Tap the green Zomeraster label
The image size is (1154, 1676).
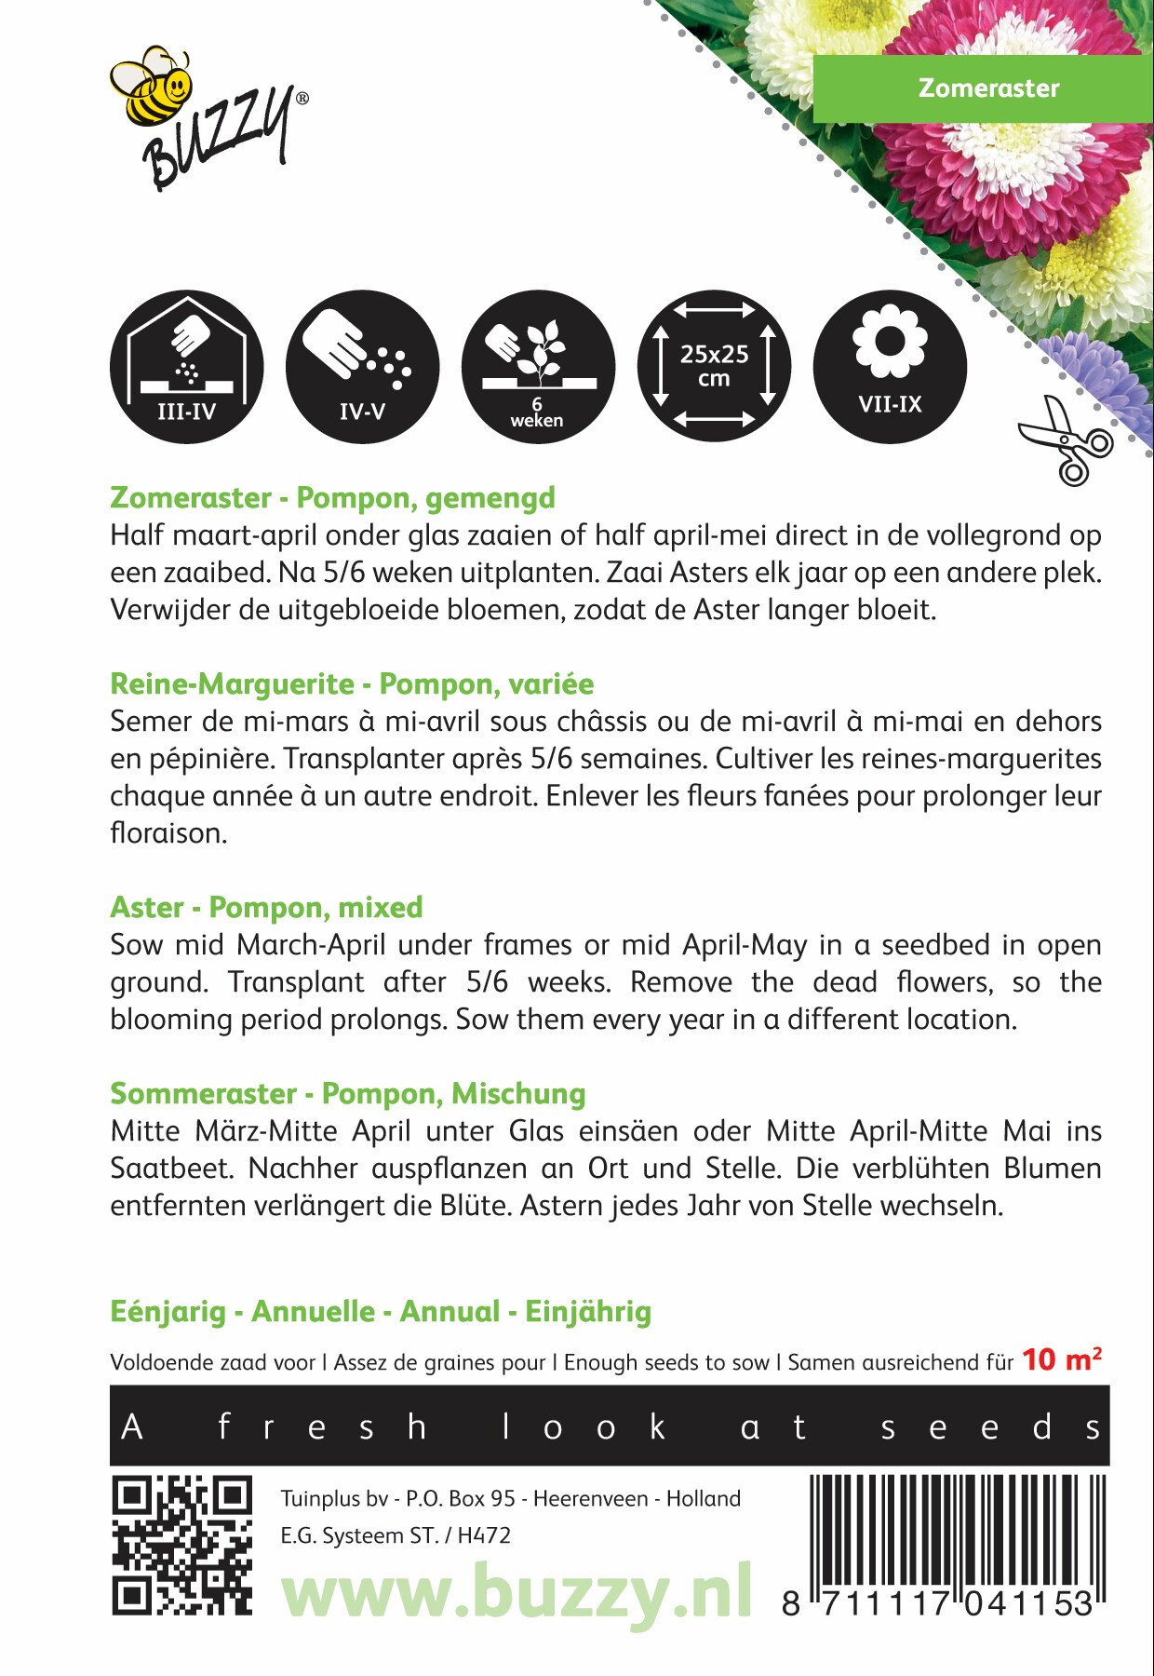coord(988,88)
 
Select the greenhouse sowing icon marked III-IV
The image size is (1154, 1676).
coord(186,367)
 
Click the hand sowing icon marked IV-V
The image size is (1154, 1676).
coord(362,367)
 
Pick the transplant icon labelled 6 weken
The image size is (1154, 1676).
coord(538,367)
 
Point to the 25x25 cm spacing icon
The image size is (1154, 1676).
coord(714,367)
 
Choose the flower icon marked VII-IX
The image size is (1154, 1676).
coord(890,367)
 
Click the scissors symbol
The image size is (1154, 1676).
coord(1066,440)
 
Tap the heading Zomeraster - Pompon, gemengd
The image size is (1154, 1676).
coord(332,498)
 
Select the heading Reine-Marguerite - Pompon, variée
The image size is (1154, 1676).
coord(352,684)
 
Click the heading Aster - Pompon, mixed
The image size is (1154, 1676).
coord(266,908)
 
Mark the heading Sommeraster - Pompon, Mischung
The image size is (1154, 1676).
coord(347,1094)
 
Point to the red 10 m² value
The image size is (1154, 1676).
coord(1062,1360)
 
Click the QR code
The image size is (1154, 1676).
coord(182,1545)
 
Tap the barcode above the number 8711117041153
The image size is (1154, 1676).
coord(959,1532)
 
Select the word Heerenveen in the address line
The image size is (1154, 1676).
coord(590,1499)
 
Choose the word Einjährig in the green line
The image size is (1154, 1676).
coord(588,1312)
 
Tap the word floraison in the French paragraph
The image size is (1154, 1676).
coord(168,833)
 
